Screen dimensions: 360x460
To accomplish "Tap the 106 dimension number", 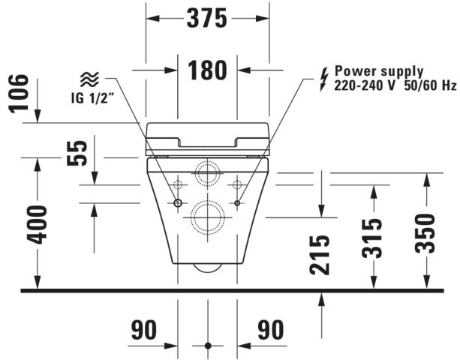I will pos(20,93).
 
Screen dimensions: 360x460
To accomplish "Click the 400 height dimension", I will pos(37,223).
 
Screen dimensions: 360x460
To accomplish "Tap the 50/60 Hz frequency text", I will pos(431,85).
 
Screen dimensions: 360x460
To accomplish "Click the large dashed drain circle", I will pos(207,217).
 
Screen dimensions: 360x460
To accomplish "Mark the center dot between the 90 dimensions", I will pos(207,346).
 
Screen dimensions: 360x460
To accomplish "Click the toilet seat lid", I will pos(207,136).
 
